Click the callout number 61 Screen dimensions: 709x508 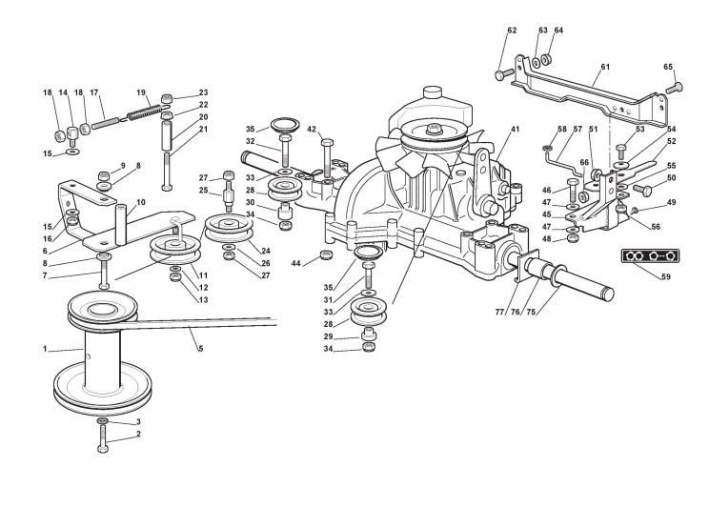coord(605,67)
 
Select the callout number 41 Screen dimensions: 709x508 coord(515,129)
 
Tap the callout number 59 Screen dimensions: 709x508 coord(665,276)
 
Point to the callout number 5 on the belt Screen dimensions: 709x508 coord(201,348)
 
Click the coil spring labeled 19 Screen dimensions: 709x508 coord(144,112)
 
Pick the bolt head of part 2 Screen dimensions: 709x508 coord(103,448)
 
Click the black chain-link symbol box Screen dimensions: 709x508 coord(651,256)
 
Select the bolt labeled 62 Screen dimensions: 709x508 coord(504,73)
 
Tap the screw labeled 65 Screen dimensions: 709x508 coord(676,86)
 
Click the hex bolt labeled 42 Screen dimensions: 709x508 coord(328,158)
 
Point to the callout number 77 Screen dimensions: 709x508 coord(499,312)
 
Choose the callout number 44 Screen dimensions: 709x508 coord(296,263)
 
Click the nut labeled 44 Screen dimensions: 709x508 coord(325,254)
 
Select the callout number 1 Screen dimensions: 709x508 coord(45,349)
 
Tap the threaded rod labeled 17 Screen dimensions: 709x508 coord(106,122)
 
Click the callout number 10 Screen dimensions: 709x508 coord(141,202)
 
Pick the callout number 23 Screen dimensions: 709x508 coord(204,92)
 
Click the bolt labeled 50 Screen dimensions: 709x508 coord(642,188)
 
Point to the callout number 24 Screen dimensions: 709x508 coord(266,251)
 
